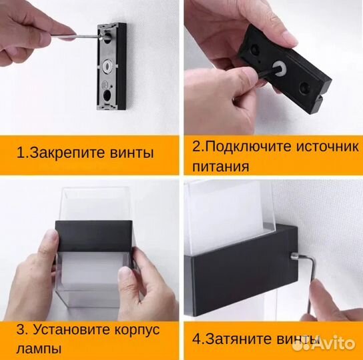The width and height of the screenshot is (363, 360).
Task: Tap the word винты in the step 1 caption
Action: [133, 153]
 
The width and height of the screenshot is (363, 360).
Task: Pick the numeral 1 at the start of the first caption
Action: [20, 153]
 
